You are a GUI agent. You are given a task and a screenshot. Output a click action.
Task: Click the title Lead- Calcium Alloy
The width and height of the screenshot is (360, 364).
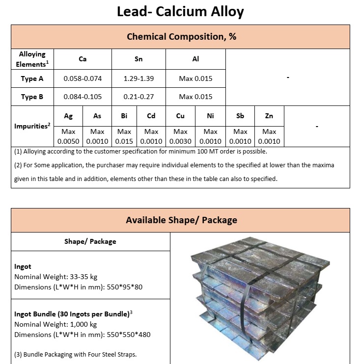[180, 12]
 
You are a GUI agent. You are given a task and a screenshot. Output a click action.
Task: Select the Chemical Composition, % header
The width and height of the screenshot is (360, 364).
[180, 37]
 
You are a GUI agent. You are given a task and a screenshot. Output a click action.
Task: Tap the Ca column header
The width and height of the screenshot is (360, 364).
[83, 59]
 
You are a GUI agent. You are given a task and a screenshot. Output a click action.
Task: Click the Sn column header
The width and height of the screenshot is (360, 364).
[138, 59]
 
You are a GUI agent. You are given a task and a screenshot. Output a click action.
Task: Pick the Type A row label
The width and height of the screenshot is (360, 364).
[32, 78]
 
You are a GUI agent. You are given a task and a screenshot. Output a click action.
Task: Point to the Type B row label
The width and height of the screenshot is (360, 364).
[32, 97]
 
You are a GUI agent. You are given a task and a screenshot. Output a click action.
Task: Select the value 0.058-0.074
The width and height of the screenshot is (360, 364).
[83, 78]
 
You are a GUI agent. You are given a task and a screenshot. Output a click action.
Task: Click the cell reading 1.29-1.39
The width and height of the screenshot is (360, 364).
[138, 78]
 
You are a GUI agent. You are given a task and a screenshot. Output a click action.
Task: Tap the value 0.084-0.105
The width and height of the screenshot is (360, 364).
[83, 97]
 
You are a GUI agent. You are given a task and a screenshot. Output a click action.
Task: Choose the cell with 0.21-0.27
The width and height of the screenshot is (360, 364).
[138, 97]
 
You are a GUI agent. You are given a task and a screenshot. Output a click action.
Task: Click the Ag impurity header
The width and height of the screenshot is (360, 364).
[68, 116]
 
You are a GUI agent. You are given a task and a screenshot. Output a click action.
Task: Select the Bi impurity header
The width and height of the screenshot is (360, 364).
[124, 116]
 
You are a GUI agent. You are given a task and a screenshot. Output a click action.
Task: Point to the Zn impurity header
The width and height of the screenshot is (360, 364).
[269, 116]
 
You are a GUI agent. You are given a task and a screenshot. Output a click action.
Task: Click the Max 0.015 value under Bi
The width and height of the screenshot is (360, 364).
[124, 136]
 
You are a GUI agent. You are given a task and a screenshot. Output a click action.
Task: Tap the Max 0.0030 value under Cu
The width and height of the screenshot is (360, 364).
[180, 136]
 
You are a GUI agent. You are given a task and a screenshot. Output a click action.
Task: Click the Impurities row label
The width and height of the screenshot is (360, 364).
[32, 126]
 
